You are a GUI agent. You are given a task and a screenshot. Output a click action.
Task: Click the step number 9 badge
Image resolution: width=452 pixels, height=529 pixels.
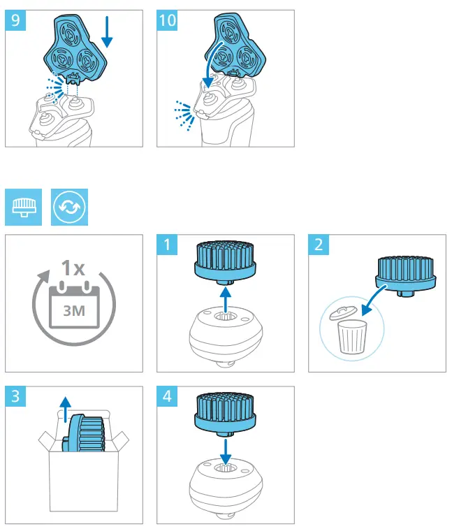pos(15,20)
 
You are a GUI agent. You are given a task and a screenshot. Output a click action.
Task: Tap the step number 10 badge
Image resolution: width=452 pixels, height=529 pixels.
pos(168,20)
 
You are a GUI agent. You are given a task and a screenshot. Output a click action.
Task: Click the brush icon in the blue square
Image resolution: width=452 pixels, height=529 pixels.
pos(24,208)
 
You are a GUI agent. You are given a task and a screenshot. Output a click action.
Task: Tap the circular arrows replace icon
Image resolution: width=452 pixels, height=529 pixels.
pos(68,208)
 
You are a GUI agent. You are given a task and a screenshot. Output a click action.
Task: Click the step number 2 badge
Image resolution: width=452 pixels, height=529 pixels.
pos(319,245)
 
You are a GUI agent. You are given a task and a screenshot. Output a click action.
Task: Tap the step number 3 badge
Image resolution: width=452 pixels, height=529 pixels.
pos(15,397)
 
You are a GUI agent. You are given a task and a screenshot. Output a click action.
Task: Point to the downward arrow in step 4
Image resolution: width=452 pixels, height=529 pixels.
pos(224,447)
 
